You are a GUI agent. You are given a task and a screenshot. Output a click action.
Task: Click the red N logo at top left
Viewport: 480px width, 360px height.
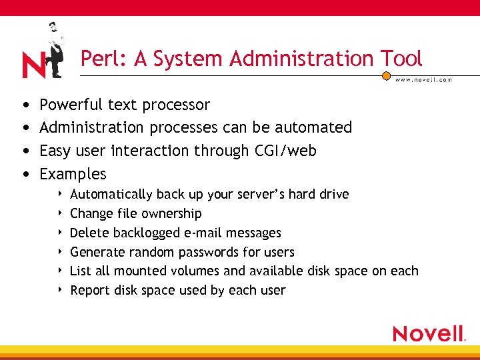33,65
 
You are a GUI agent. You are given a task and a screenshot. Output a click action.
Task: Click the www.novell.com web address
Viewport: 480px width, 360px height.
423,79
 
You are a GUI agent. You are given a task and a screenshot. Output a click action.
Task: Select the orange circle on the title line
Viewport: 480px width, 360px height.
386,76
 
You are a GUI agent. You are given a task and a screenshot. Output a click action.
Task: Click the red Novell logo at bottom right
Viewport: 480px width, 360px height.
428,333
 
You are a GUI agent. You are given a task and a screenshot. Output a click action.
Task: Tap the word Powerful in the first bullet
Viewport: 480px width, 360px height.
71,105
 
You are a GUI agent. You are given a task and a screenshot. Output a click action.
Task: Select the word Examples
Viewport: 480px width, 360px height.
73,174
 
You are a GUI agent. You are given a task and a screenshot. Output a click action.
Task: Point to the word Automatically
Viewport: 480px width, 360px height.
111,195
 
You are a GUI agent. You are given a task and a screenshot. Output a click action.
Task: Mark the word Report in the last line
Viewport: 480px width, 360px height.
91,290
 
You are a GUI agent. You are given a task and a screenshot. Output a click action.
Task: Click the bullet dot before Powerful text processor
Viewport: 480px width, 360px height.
25,105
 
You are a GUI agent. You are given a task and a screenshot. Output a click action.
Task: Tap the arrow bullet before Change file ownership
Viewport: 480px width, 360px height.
61,213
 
